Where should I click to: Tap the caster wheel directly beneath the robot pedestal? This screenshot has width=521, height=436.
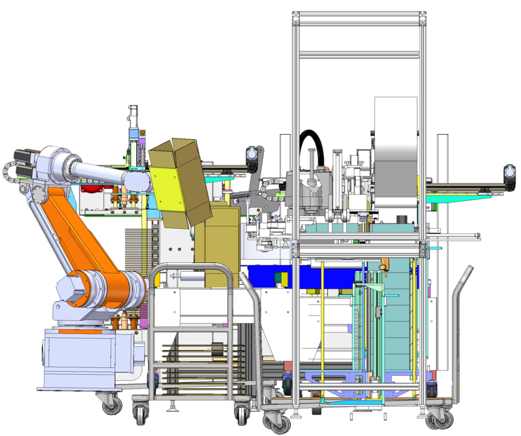tap(110, 404)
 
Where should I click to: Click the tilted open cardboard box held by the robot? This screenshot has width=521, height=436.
tap(175, 181)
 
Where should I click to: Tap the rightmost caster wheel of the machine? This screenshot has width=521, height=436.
tap(436, 417)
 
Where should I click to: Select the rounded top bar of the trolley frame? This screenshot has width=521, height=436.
tap(190, 269)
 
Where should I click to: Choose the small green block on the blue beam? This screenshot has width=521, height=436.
tap(280, 278)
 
